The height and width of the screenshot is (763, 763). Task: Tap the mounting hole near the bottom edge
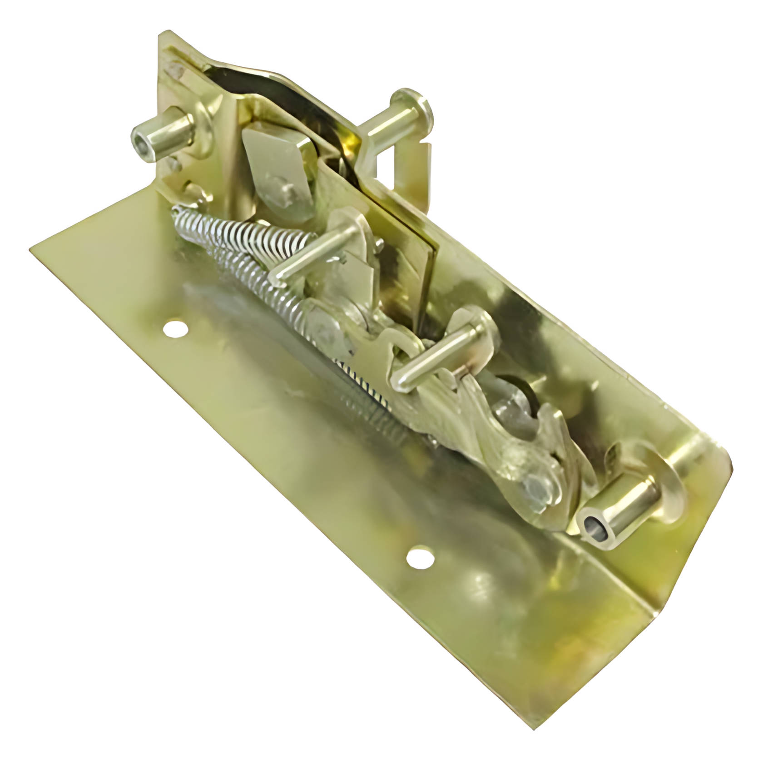coord(419,558)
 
